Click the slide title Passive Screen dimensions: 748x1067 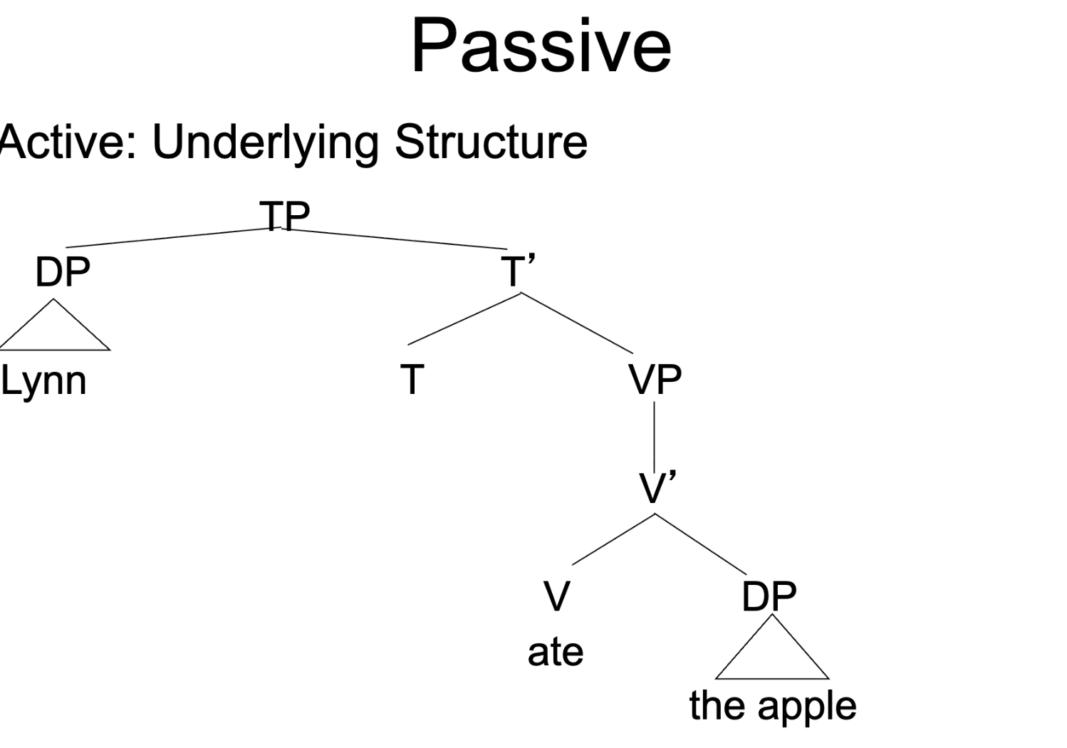(x=541, y=47)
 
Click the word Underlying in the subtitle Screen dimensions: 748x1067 (x=265, y=142)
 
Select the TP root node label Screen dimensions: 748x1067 (x=284, y=214)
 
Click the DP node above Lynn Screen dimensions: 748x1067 (x=63, y=272)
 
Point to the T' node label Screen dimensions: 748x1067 (x=517, y=271)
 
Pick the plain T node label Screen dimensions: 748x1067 (x=412, y=379)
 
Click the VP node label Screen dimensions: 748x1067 (x=655, y=380)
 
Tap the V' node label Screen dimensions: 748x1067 (x=657, y=489)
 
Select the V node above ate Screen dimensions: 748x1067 (x=556, y=596)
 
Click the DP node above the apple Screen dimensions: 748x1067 (x=769, y=596)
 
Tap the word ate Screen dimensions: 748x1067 (x=555, y=652)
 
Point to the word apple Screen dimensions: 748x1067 (x=806, y=706)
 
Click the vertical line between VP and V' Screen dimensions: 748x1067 (x=655, y=436)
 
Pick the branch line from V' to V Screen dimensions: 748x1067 (x=613, y=539)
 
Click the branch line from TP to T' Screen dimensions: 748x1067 (x=399, y=239)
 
